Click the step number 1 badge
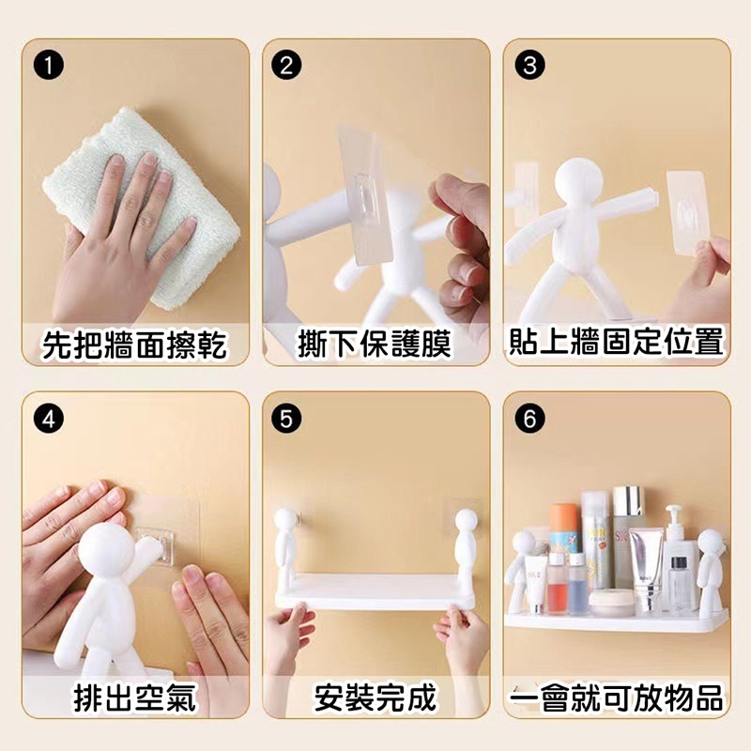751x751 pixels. [49, 65]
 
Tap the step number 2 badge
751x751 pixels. [286, 65]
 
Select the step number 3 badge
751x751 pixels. [529, 65]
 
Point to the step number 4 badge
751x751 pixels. [49, 419]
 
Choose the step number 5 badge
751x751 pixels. [286, 419]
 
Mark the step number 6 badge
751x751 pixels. [529, 419]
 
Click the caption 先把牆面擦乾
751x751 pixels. [134, 344]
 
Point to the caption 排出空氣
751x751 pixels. [135, 697]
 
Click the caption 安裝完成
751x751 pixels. [375, 697]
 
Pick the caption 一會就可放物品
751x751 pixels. [617, 698]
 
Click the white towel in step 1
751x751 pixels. [144, 201]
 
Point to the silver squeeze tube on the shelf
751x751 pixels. [646, 570]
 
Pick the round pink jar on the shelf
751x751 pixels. [611, 603]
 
